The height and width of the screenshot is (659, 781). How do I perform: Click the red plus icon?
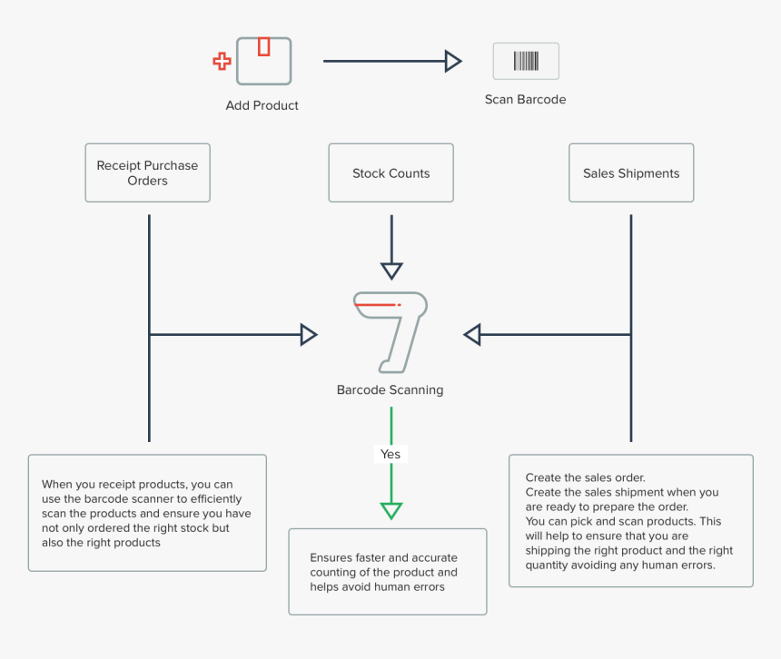coord(222,62)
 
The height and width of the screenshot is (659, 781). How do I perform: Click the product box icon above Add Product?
coord(264,61)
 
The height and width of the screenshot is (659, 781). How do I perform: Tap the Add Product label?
coord(262,105)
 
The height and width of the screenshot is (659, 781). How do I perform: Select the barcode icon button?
coord(525,61)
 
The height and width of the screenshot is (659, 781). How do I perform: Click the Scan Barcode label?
coord(525,100)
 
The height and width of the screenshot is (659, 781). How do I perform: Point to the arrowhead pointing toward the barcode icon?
coord(453,61)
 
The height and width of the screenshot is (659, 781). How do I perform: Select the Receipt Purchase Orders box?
coord(147,172)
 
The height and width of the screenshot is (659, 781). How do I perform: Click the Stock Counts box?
coord(390,172)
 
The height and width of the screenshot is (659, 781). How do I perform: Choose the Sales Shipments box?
coord(631,172)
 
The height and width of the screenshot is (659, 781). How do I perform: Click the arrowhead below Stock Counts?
coord(391,270)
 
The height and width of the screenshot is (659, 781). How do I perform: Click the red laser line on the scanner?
coord(377,305)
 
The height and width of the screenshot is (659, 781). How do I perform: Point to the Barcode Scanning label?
coord(390,390)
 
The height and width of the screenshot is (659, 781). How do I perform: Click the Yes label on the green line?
coord(390,454)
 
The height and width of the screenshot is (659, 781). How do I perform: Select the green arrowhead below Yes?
coord(390,509)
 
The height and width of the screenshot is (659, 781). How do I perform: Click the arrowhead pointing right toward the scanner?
coord(309,335)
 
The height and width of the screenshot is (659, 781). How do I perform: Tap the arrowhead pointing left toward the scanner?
coord(471,335)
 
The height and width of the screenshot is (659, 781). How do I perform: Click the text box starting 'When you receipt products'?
coord(147,513)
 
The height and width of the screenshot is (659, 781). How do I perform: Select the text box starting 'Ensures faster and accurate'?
coord(388,572)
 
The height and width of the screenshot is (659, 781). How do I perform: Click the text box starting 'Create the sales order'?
coord(630,521)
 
